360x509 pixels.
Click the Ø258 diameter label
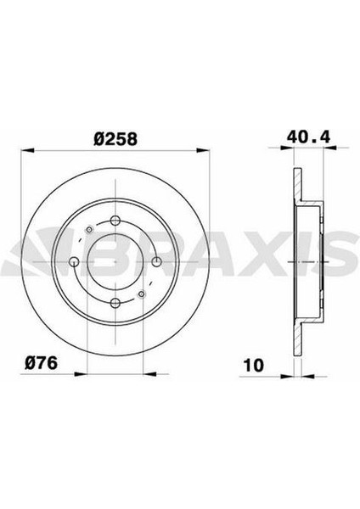pos(115,139)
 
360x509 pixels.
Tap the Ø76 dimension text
pos(41,362)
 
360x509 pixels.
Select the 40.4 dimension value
pos(308,137)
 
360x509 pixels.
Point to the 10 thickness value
pos(253,366)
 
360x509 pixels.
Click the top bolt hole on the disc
pos(115,221)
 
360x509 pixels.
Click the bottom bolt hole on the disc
pos(115,304)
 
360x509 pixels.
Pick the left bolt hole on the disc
pos(75,262)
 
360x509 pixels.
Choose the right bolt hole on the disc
pos(156,261)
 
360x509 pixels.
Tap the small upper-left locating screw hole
pos(89,230)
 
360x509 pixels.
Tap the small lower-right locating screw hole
pos(141,294)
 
